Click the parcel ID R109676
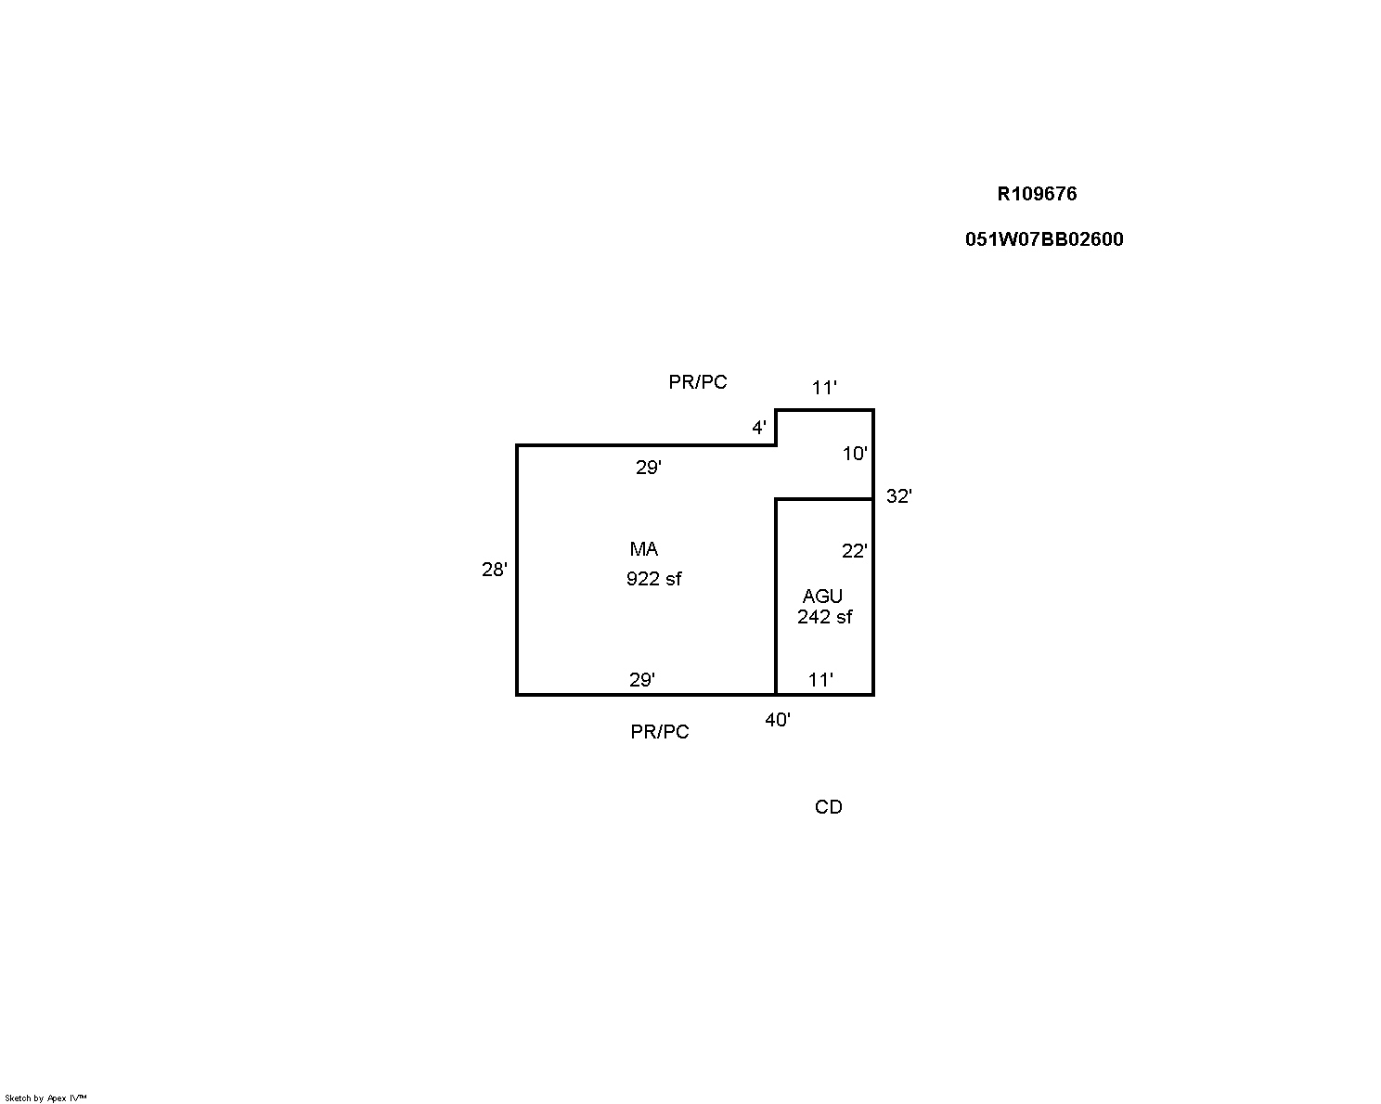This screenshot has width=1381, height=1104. [x=1037, y=194]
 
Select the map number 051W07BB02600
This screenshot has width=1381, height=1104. [x=1044, y=239]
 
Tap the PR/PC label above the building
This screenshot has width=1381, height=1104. [x=698, y=382]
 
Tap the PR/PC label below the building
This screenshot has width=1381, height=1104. [x=660, y=732]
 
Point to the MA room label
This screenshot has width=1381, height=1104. [x=644, y=549]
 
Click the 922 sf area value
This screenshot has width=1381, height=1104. [x=654, y=579]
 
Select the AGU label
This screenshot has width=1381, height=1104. [x=822, y=597]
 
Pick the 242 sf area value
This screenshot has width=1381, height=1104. [x=825, y=617]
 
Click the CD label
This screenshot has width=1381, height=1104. [x=829, y=807]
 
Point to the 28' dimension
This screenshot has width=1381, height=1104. [x=494, y=570]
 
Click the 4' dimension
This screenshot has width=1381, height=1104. [x=759, y=428]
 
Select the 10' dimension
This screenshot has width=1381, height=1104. [x=855, y=455]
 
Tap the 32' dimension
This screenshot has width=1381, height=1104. [x=899, y=495]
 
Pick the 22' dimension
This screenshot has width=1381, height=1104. [x=854, y=551]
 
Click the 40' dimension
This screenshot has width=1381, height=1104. [x=777, y=720]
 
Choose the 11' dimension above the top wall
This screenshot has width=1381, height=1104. [x=825, y=388]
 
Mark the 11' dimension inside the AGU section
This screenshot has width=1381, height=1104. [x=820, y=680]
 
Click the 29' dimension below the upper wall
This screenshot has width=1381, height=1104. [x=648, y=468]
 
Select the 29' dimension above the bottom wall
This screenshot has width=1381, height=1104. [x=641, y=680]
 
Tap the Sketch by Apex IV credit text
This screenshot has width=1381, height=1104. [x=45, y=1098]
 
